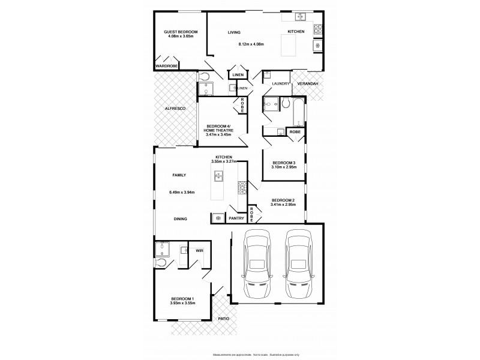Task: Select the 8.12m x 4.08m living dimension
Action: click(x=251, y=44)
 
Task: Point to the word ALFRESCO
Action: click(x=175, y=108)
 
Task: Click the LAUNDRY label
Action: click(x=280, y=83)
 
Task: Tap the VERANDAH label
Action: click(x=307, y=83)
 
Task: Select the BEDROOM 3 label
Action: click(x=284, y=163)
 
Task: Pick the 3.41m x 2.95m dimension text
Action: click(x=283, y=205)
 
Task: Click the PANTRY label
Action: click(x=236, y=218)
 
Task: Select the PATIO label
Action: click(x=223, y=319)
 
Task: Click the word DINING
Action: click(x=180, y=219)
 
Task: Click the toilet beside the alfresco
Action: click(x=203, y=76)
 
